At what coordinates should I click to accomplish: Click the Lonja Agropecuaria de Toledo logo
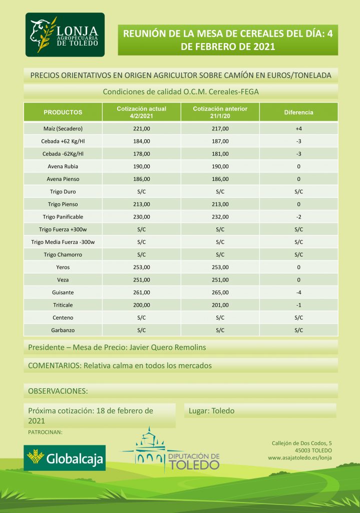tap(65, 35)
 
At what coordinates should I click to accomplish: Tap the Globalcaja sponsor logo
tap(65, 458)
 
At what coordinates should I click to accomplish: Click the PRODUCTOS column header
tap(63, 112)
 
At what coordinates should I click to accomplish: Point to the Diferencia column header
tap(298, 112)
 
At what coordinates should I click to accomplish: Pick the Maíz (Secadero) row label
tap(63, 129)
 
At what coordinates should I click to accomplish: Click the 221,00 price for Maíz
tap(141, 129)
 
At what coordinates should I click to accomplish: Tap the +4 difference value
tap(298, 129)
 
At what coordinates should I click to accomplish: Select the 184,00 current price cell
tap(141, 141)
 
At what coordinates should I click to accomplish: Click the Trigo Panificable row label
tap(63, 217)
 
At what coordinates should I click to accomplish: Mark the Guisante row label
tap(63, 292)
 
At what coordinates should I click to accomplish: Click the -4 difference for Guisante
tap(298, 292)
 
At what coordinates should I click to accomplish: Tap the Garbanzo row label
tap(63, 330)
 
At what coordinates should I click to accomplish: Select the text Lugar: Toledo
tap(211, 411)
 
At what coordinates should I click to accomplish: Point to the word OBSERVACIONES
tap(58, 390)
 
